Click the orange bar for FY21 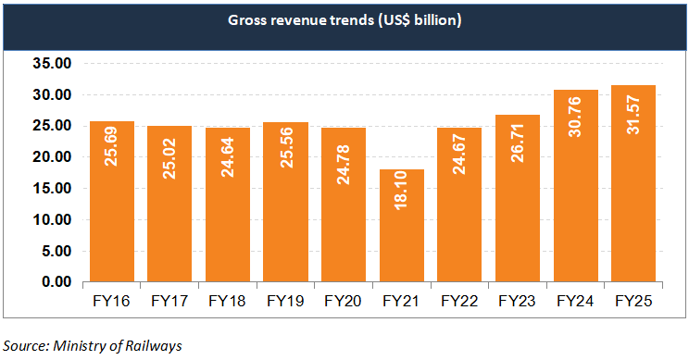click(x=402, y=225)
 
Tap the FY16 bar click(x=111, y=201)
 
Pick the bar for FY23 click(x=518, y=198)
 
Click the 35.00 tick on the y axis click(x=54, y=64)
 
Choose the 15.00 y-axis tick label click(x=54, y=189)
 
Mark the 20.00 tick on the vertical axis click(x=54, y=157)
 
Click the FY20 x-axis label click(x=343, y=302)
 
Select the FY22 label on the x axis click(x=459, y=302)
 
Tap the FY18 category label click(x=227, y=302)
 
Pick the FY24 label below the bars click(x=575, y=302)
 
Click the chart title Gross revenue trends click(x=344, y=20)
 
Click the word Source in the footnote click(x=25, y=345)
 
